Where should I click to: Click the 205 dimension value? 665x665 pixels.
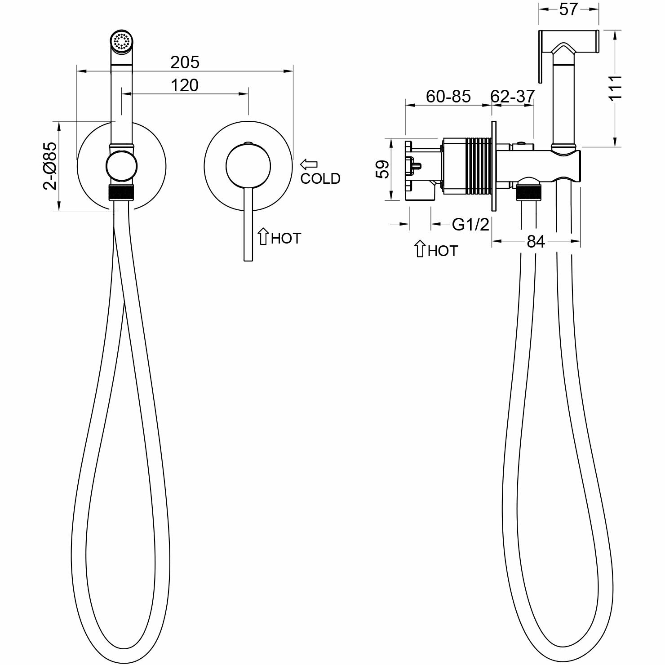tap(185, 62)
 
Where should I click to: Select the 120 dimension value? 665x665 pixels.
tap(185, 85)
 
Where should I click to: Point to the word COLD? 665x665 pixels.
tap(320, 179)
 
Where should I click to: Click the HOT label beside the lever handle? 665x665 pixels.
tap(286, 239)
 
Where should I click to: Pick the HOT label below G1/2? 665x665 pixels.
tap(443, 251)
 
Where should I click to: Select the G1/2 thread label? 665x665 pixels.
tap(470, 224)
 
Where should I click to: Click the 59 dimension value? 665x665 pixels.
tap(383, 169)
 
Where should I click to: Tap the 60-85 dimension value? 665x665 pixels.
tap(448, 96)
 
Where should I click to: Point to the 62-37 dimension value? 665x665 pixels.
tap(513, 96)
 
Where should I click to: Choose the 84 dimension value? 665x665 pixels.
tap(536, 242)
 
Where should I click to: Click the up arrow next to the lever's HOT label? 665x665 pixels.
tap(263, 237)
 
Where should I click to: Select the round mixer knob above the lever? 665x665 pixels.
tap(248, 165)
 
